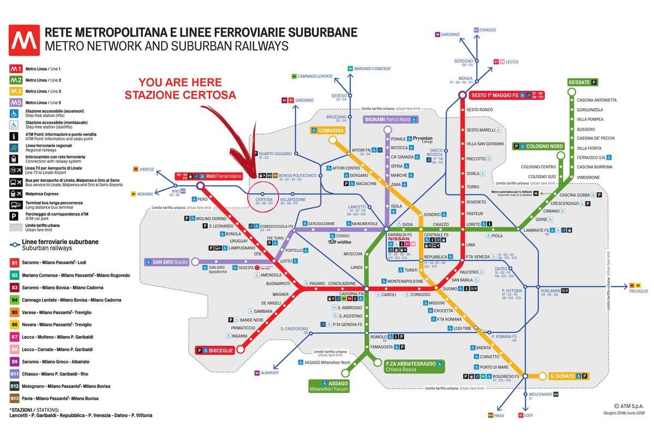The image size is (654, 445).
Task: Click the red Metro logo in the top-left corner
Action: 23,40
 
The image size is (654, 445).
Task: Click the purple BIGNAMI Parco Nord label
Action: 391,119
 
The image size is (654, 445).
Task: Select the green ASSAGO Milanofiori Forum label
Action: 329,386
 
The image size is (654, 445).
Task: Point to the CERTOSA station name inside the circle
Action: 264,199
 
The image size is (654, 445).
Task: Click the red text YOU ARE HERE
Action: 180,83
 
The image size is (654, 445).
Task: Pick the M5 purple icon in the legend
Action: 16,103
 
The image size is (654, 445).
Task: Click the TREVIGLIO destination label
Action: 638,291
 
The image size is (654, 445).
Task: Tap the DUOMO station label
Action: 450,288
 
